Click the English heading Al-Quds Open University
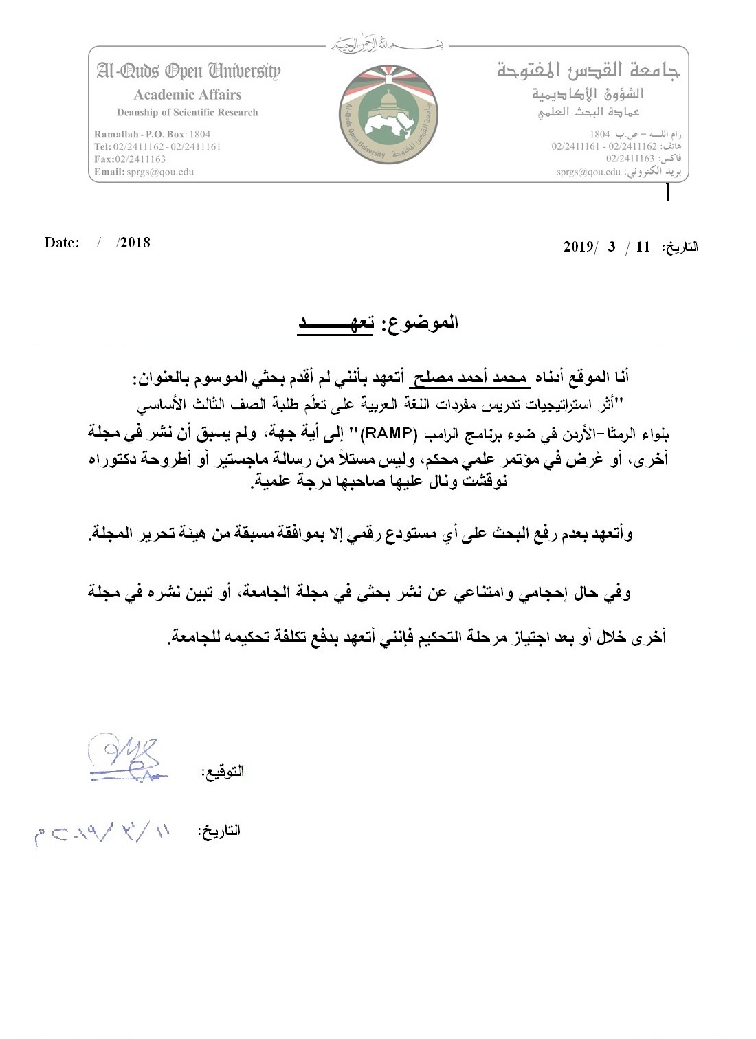pyautogui.click(x=188, y=71)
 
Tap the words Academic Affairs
pyautogui.click(x=188, y=95)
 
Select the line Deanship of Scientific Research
pyautogui.click(x=188, y=113)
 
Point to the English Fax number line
pyautogui.click(x=130, y=159)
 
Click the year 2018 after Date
pyautogui.click(x=135, y=243)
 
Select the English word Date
pyautogui.click(x=61, y=243)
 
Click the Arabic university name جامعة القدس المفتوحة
pyautogui.click(x=588, y=70)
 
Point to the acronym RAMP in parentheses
pyautogui.click(x=397, y=433)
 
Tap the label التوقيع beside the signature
pyautogui.click(x=222, y=771)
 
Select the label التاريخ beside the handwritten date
pyautogui.click(x=219, y=830)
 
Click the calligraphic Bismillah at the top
pyautogui.click(x=386, y=45)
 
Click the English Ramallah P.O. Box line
pyautogui.click(x=153, y=134)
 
